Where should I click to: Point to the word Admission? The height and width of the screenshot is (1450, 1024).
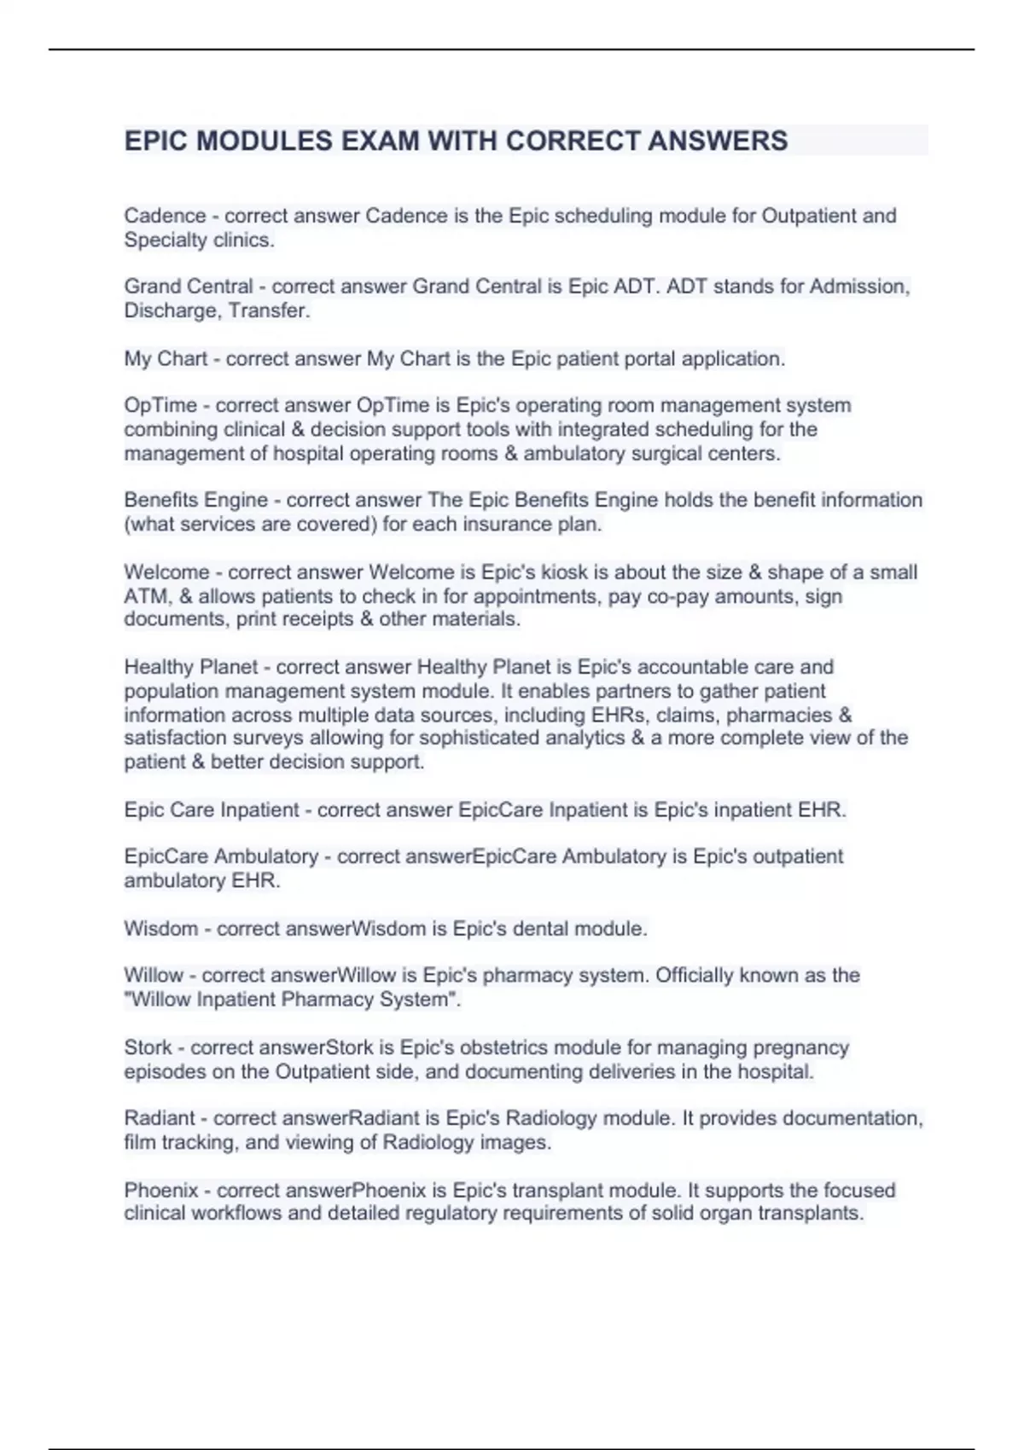click(x=859, y=287)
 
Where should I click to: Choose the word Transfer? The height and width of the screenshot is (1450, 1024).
click(x=268, y=310)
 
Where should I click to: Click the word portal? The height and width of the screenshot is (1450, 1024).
click(x=591, y=359)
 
